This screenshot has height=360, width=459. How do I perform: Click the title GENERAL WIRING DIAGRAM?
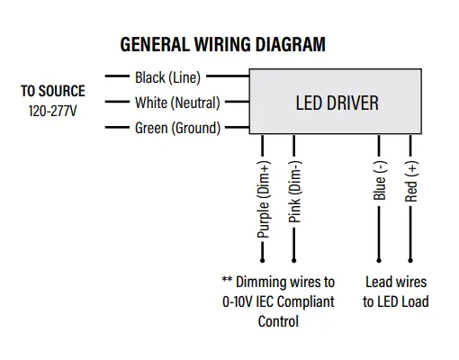[x=222, y=44]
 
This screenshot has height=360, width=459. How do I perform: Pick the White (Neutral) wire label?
[x=177, y=103]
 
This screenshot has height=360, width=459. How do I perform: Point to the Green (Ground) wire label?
[x=177, y=128]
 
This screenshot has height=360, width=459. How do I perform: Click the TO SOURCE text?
[x=53, y=91]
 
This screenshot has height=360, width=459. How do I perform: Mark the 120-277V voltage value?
[x=53, y=110]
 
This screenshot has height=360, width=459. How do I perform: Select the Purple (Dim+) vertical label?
[x=264, y=200]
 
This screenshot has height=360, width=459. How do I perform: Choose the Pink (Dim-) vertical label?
[x=296, y=192]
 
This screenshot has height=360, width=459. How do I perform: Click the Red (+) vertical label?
[x=412, y=181]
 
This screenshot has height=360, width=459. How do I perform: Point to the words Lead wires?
[x=396, y=282]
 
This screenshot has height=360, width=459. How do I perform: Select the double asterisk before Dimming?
[x=227, y=281]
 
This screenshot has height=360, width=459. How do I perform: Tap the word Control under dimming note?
[x=278, y=321]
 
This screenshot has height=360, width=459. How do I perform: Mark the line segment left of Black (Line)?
[x=117, y=78]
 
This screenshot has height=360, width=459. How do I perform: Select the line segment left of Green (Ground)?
[x=117, y=128]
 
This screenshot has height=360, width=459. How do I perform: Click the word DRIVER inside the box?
[x=352, y=103]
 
